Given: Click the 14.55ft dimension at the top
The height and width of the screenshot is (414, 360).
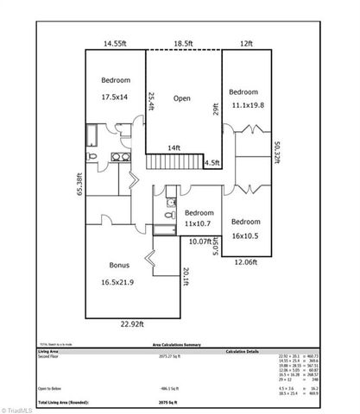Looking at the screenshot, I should pyautogui.click(x=115, y=42).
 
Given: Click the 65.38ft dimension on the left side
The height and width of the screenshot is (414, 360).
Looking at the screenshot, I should pyautogui.click(x=79, y=185).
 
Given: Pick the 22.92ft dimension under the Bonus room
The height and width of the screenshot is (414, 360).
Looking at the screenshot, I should pyautogui.click(x=132, y=324).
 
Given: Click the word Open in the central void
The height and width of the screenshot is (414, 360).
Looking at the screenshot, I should pyautogui.click(x=181, y=97).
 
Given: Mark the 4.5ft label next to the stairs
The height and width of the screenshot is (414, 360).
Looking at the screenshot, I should pyautogui.click(x=212, y=161).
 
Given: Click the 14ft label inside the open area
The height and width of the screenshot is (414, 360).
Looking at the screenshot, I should pyautogui.click(x=174, y=147).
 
